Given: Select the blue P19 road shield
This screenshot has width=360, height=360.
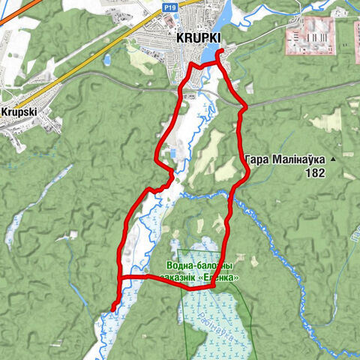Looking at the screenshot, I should [170, 5].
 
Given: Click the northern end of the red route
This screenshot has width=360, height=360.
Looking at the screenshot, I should [219, 52].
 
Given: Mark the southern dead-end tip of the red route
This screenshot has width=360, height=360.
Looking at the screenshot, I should [112, 308].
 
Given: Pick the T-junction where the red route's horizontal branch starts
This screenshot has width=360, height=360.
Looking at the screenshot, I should [119, 277].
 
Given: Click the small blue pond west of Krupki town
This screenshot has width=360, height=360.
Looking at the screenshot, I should [107, 58].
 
